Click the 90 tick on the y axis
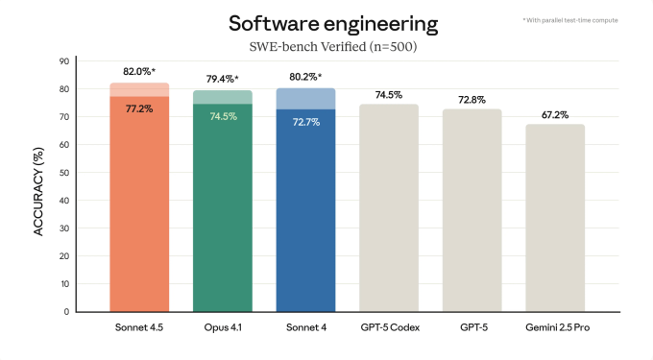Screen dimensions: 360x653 click(x=63, y=61)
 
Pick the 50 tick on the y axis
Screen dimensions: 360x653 click(x=63, y=173)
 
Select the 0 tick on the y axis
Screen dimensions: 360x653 click(x=65, y=312)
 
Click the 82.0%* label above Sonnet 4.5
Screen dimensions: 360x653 click(x=139, y=72)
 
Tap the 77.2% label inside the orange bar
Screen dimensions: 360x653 click(x=139, y=109)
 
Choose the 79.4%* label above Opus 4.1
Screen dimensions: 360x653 click(x=222, y=79)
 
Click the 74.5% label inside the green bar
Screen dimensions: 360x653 click(x=222, y=116)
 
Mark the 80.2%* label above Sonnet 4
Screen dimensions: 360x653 click(x=305, y=77)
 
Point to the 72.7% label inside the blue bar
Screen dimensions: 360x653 click(x=305, y=122)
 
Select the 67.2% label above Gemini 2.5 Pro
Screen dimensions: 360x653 click(x=555, y=113)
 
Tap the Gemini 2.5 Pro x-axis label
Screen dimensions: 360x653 click(x=555, y=328)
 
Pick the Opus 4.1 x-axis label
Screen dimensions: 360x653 click(x=222, y=328)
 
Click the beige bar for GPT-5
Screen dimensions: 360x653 click(x=472, y=211)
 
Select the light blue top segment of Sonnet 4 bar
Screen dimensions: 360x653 click(x=305, y=98)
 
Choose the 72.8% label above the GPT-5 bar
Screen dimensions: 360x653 click(x=472, y=99)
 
